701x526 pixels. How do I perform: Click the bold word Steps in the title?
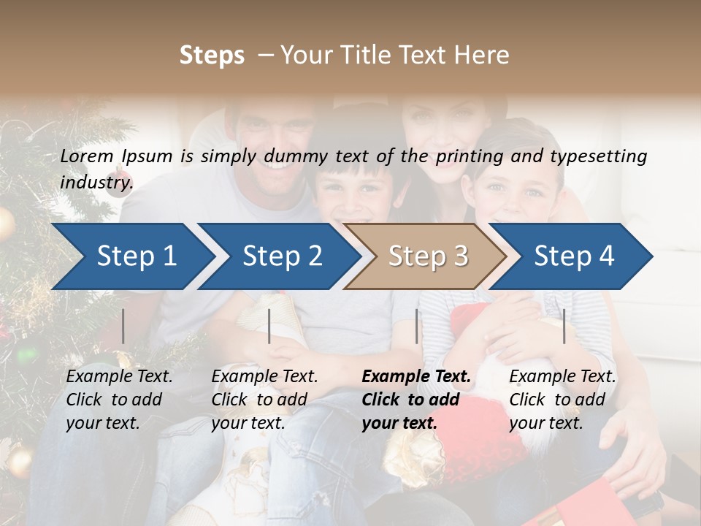tap(212, 55)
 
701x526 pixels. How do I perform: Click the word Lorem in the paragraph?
tap(87, 156)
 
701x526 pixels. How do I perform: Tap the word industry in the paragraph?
tap(96, 182)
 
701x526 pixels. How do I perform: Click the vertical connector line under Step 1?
tap(123, 326)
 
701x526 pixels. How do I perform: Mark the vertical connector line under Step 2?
tap(269, 326)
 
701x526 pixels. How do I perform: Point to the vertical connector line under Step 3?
tap(417, 326)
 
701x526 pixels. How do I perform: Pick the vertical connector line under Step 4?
tap(564, 326)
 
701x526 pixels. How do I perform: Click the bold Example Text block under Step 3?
tap(416, 400)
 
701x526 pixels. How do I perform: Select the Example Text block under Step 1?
tap(119, 400)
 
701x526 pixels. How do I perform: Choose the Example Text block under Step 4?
tap(562, 400)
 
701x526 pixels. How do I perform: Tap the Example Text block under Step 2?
tap(264, 400)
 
